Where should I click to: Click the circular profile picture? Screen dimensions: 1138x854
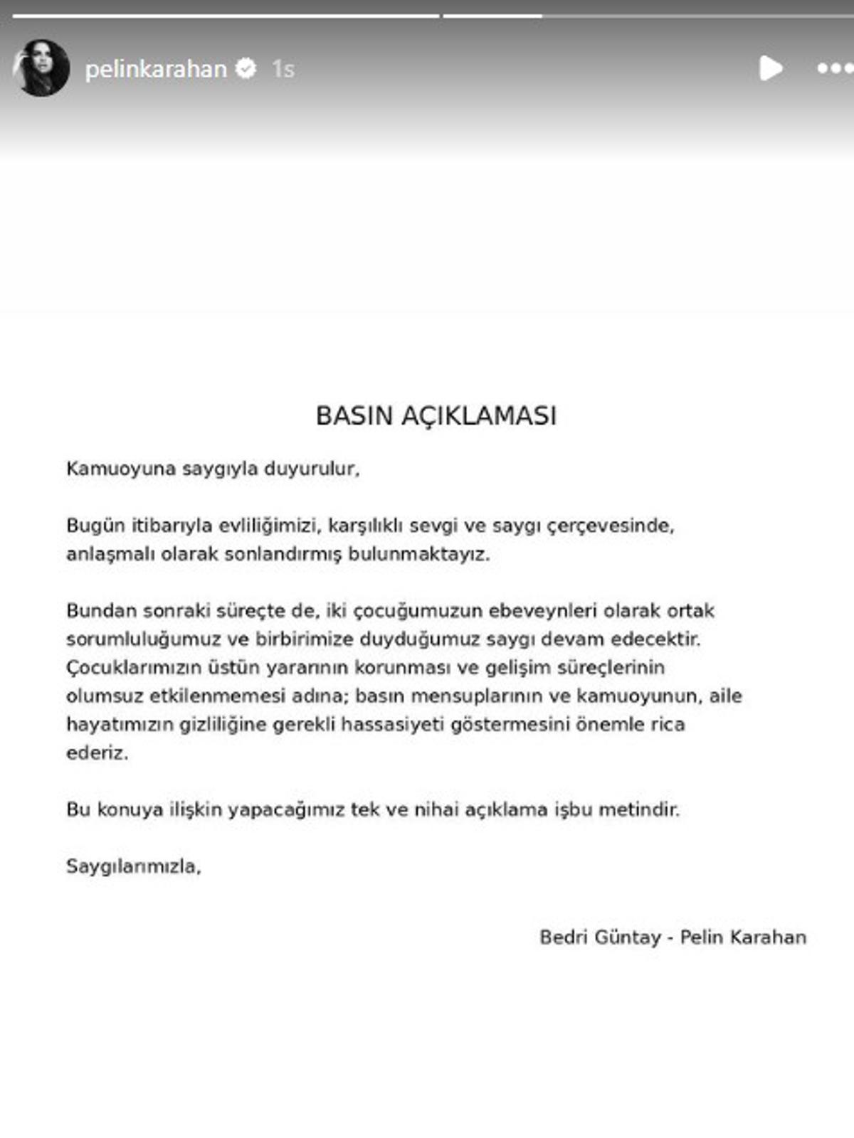(41, 68)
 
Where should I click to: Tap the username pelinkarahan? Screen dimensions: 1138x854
(156, 69)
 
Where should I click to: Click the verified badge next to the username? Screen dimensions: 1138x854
(246, 68)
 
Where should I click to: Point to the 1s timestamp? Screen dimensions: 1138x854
(283, 69)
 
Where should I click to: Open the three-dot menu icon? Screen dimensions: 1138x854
(833, 68)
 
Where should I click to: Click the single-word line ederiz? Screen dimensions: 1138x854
(97, 753)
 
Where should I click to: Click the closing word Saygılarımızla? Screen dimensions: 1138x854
(134, 866)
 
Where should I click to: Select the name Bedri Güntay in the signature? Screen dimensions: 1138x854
(600, 937)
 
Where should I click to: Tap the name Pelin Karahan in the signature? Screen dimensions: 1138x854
(743, 937)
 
